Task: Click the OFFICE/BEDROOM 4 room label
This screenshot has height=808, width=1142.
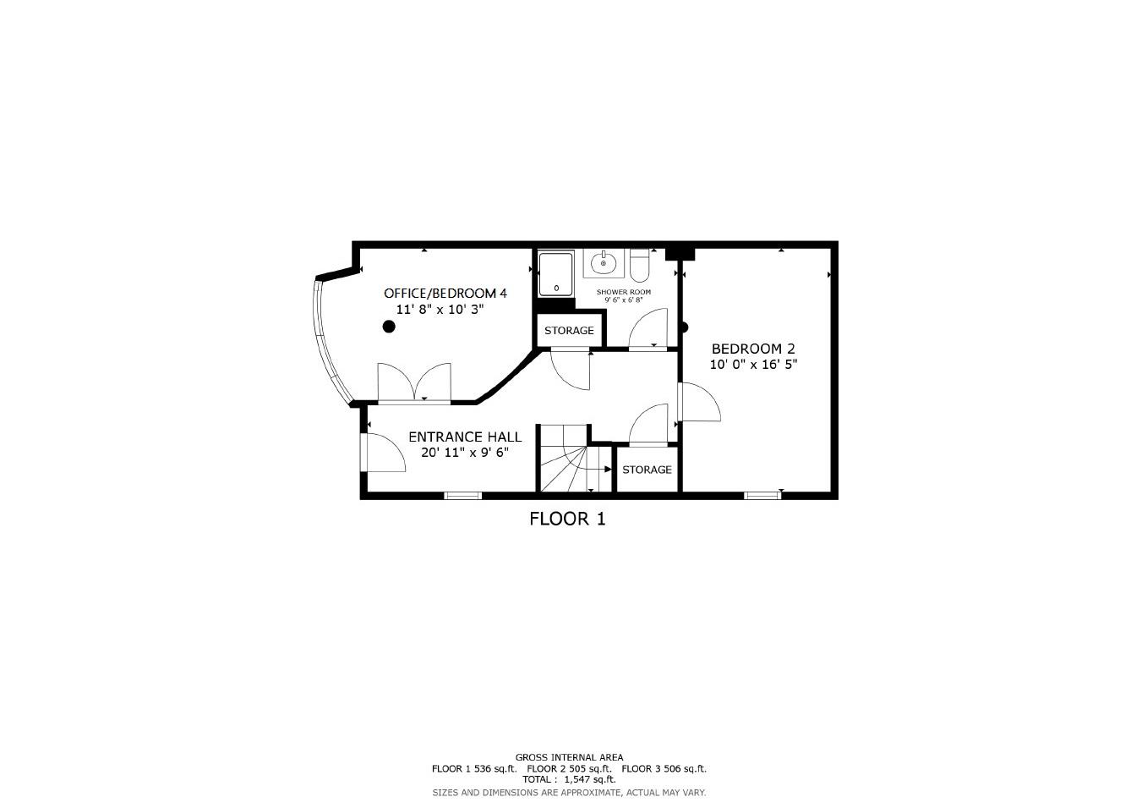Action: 445,294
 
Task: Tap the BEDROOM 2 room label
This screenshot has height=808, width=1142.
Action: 752,349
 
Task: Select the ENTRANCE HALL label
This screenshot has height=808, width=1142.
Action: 465,437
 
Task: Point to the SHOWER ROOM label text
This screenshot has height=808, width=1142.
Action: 623,292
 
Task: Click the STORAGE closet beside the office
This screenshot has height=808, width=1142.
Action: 569,331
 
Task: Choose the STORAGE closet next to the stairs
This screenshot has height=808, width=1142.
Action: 647,470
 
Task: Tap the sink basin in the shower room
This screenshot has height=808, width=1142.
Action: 604,263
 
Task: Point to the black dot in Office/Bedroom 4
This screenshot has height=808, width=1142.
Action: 389,327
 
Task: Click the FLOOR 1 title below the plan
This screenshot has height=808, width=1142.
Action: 567,519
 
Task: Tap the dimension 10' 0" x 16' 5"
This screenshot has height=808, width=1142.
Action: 753,365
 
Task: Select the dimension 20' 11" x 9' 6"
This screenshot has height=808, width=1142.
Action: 465,453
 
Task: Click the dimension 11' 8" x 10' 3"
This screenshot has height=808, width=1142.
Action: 440,310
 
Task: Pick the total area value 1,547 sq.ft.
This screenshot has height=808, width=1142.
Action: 589,779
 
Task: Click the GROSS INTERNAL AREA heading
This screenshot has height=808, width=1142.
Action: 569,757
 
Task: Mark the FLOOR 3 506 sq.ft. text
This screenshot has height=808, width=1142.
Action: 664,769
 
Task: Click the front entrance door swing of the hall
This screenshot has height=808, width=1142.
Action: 383,454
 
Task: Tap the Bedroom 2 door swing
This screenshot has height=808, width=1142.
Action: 698,404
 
